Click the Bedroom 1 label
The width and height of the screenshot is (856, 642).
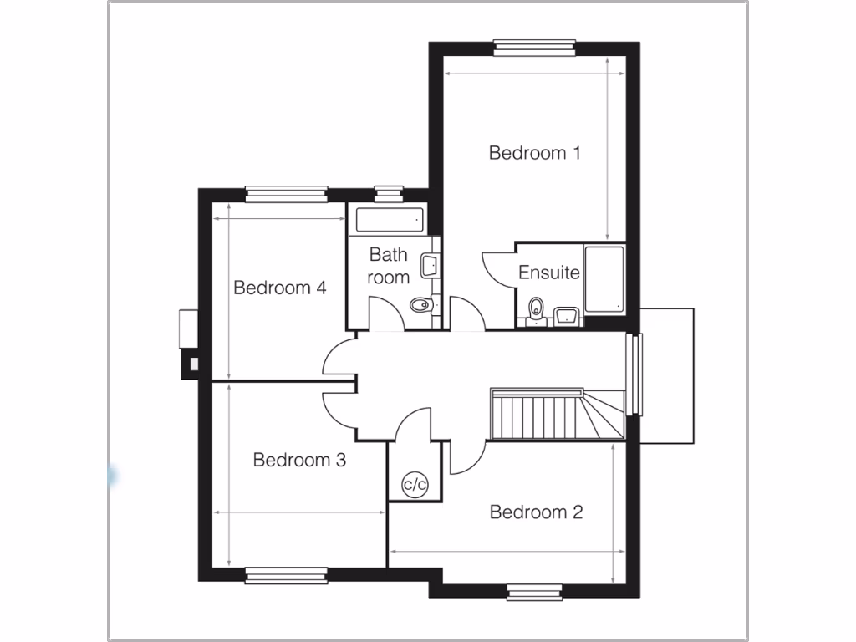coord(535,153)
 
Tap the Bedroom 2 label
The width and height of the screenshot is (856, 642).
coord(536,512)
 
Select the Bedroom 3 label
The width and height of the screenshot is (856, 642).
coord(299,460)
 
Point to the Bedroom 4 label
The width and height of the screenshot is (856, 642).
coord(279,288)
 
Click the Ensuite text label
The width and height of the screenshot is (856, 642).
coord(549,273)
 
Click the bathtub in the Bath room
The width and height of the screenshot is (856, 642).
coord(390,221)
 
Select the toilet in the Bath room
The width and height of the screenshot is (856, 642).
coord(421,306)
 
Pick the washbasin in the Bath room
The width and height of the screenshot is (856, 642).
coord(430,266)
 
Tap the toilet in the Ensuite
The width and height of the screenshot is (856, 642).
coord(536,308)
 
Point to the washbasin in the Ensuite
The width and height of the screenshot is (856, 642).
coord(567,315)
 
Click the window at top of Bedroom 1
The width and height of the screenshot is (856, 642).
coord(534,46)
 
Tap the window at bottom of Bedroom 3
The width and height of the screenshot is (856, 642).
coord(286,574)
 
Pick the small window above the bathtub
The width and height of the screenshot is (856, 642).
coord(388,193)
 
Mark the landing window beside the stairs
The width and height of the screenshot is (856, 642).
coord(636,374)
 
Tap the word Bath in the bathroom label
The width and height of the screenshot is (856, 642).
coord(388,254)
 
